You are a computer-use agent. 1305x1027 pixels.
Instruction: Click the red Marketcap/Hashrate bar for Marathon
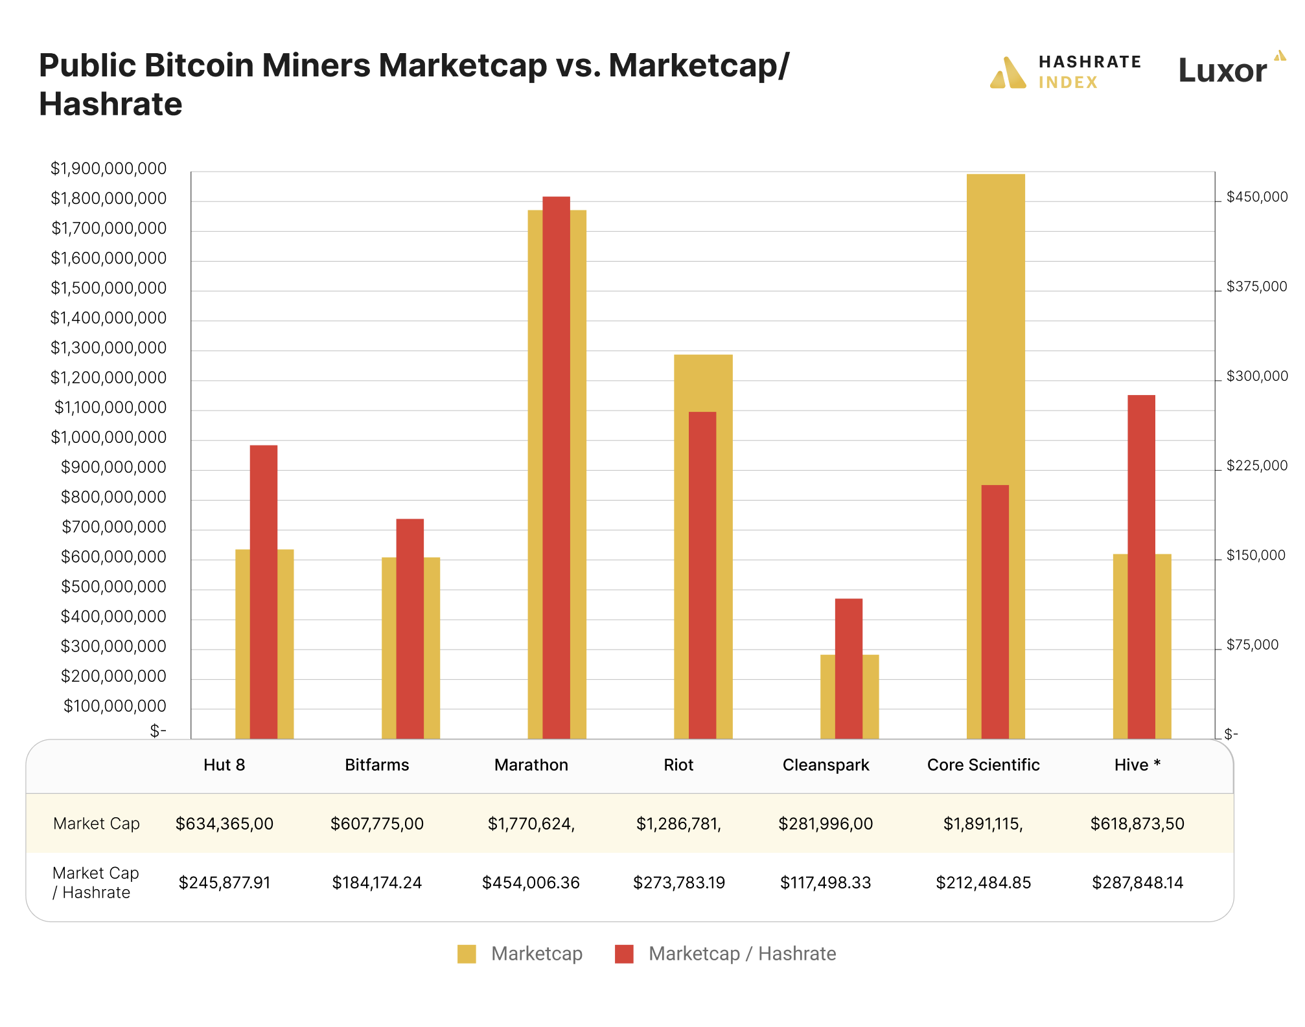tap(556, 466)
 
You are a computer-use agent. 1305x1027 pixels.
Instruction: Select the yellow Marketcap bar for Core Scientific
tap(995, 324)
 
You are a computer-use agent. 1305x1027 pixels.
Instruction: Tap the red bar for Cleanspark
tap(848, 667)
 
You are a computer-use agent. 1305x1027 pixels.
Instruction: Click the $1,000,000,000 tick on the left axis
tap(109, 438)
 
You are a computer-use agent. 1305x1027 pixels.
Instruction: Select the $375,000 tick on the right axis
tap(1256, 287)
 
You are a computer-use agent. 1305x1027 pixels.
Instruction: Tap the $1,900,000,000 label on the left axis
tap(109, 169)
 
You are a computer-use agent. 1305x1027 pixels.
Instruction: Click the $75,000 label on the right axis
tap(1252, 645)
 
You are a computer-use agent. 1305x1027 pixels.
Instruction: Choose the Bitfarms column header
tap(376, 765)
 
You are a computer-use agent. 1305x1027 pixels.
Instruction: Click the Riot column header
tap(678, 765)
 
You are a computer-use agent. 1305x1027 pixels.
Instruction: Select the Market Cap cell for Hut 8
tap(224, 824)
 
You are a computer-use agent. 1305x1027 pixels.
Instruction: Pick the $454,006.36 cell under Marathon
tap(531, 883)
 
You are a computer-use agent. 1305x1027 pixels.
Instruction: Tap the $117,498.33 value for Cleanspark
tap(826, 883)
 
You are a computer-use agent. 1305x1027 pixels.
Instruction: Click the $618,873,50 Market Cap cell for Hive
tap(1137, 824)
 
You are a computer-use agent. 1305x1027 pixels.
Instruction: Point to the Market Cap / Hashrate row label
tap(96, 883)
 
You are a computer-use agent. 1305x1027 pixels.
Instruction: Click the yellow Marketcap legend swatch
tap(467, 954)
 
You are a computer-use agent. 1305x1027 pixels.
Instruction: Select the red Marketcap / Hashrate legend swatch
tap(624, 954)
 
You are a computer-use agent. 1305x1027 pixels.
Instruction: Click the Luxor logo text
tap(1222, 71)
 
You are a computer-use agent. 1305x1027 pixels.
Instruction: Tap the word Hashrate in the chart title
tap(111, 104)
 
